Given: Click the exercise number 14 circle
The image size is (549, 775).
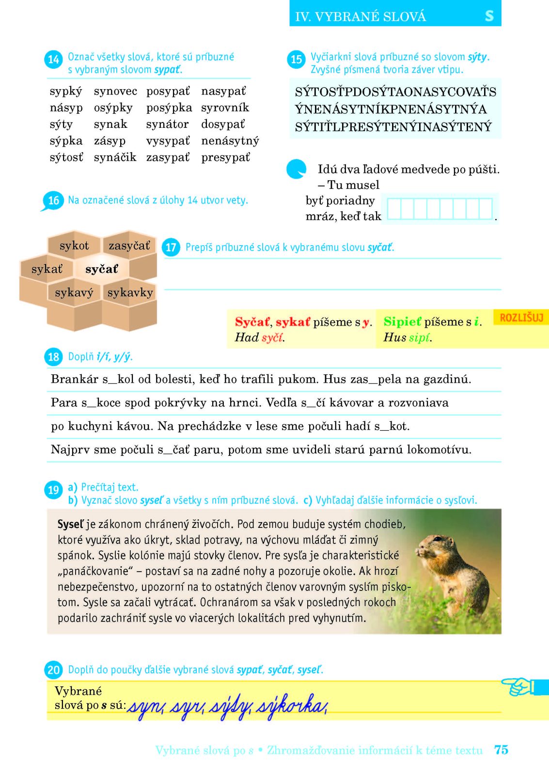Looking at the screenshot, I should click(53, 60).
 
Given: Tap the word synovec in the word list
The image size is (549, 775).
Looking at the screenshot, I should click(115, 91).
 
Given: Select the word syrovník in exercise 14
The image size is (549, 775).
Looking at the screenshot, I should click(225, 108).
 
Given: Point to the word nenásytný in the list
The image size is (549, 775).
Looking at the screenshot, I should click(230, 141).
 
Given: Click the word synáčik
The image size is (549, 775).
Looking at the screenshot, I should click(115, 157).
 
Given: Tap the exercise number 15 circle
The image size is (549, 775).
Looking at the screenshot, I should click(296, 60).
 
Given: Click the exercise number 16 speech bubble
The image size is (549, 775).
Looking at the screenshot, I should click(53, 200).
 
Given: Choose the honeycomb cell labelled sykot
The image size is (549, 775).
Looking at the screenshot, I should click(74, 246).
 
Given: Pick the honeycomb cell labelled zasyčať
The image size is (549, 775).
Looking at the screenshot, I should click(129, 246).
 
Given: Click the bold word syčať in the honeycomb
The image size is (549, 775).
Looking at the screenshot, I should click(102, 269).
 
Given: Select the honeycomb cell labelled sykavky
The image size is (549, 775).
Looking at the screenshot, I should click(130, 293).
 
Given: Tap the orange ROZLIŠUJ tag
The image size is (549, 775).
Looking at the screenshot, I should click(521, 318).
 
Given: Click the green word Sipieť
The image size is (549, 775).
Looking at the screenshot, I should click(402, 322).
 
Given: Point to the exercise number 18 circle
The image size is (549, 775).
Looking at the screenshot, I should click(53, 357).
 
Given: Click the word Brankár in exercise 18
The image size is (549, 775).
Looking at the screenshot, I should click(74, 379).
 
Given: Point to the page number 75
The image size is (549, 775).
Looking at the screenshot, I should click(501, 750).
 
